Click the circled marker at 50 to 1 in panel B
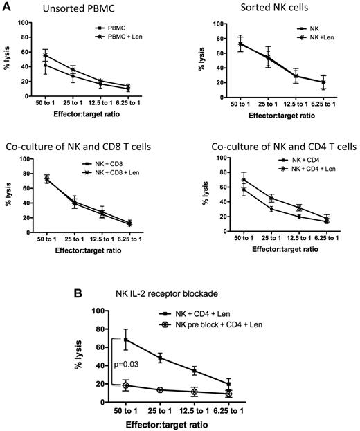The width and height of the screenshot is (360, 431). click(x=126, y=385)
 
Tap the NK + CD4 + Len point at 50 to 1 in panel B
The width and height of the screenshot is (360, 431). click(x=126, y=339)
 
